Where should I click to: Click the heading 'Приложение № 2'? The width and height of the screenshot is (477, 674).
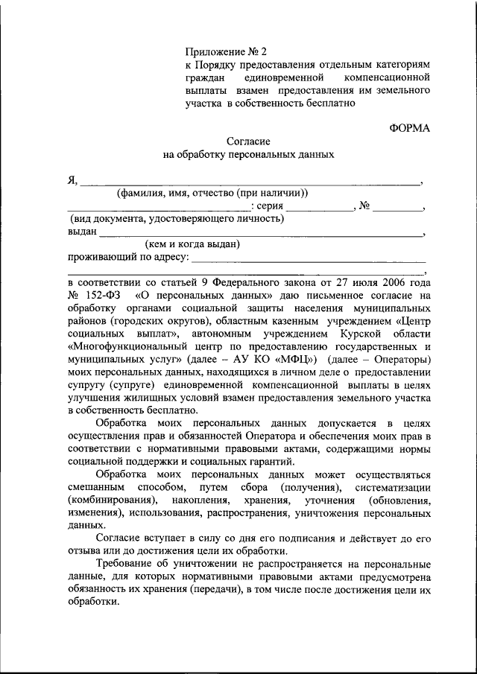click(x=226, y=52)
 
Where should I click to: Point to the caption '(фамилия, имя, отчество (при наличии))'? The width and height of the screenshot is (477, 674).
click(x=212, y=194)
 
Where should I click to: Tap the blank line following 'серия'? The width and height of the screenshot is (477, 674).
click(x=320, y=209)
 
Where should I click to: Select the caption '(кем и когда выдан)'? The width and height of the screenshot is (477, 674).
click(x=192, y=244)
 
